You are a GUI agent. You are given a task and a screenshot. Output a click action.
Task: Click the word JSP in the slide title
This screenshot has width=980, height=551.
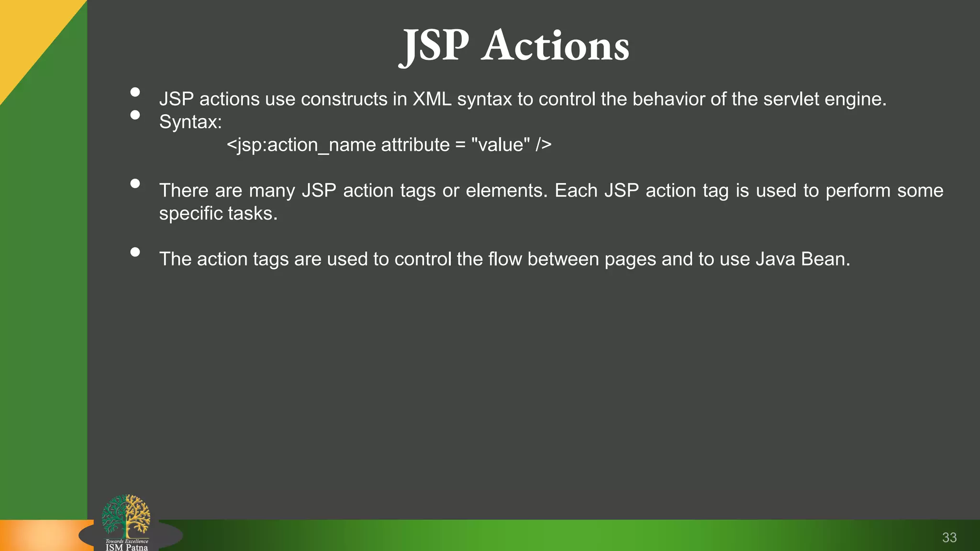point(434,46)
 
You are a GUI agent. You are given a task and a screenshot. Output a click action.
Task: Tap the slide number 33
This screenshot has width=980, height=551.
point(949,538)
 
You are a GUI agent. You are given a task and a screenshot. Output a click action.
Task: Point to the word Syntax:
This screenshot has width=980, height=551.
point(190,122)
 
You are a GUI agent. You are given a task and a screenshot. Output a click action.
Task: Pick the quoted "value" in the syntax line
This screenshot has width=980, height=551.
point(501,145)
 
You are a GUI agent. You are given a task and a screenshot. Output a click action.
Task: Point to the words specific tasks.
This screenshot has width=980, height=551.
point(218,214)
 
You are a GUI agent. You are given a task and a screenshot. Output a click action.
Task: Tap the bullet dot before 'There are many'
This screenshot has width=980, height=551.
point(135,184)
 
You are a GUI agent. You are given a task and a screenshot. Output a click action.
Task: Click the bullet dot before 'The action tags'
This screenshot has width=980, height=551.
point(135,252)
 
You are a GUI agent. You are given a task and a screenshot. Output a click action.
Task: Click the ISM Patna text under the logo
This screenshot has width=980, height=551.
point(127,547)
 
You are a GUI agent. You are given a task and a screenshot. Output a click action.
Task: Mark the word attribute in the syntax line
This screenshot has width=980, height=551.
point(415,145)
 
